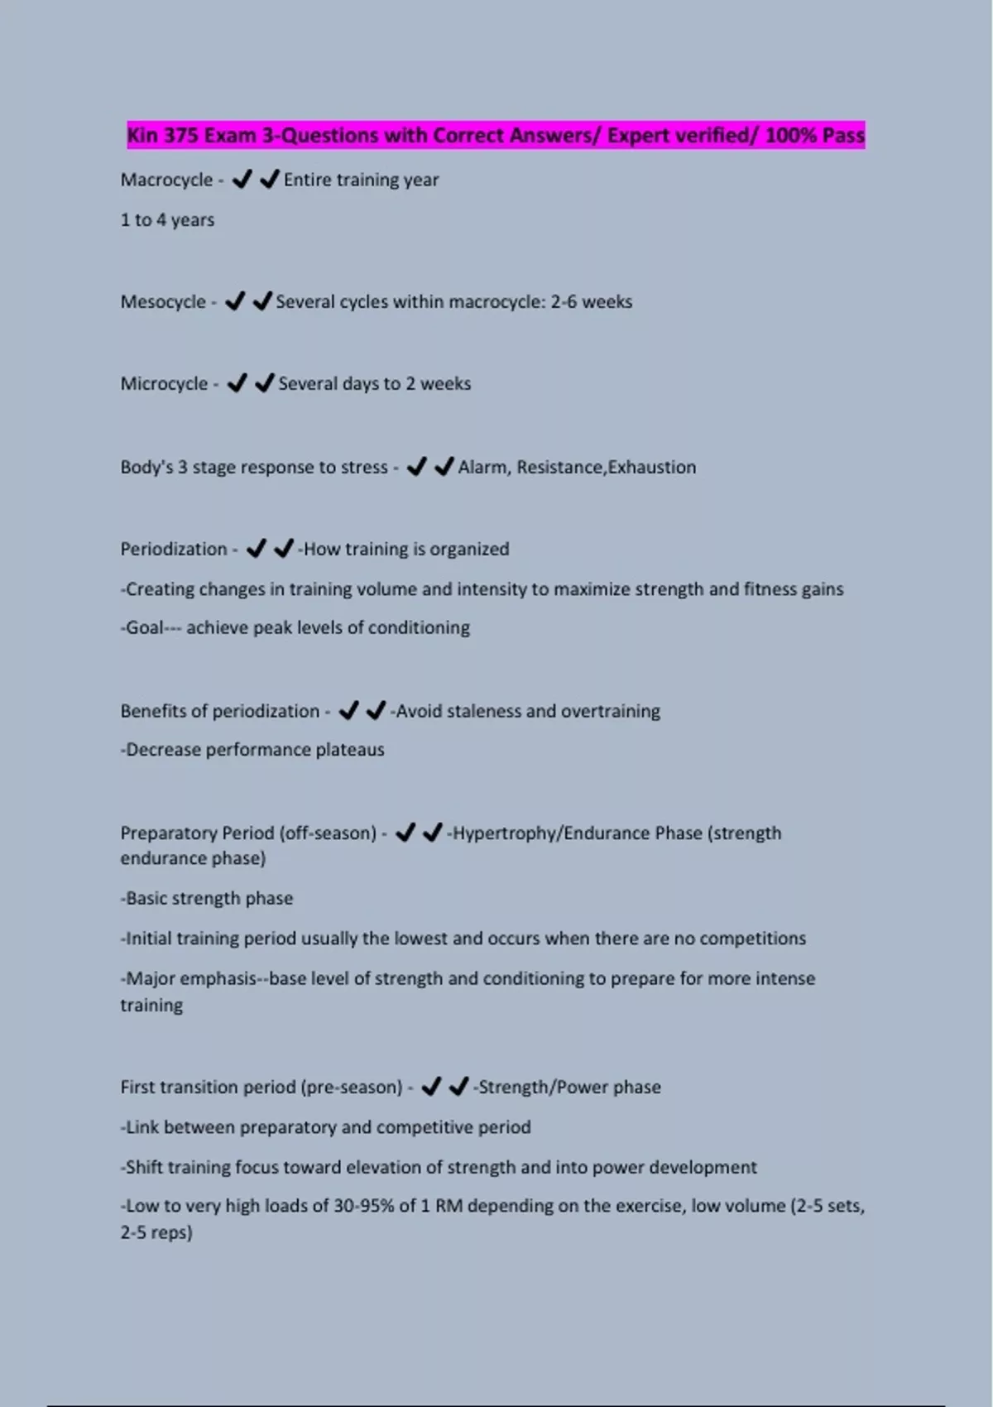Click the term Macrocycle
(x=166, y=180)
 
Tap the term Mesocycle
(x=163, y=302)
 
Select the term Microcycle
(x=164, y=384)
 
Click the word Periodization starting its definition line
(x=174, y=550)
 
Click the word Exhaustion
(x=652, y=468)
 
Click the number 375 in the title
(x=180, y=136)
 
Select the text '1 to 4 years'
(x=167, y=220)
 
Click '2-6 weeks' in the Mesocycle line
(x=592, y=302)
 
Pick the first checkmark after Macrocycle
(x=242, y=180)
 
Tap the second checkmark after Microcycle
(x=264, y=383)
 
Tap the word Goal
(x=145, y=628)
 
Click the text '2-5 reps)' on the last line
(x=156, y=1233)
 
